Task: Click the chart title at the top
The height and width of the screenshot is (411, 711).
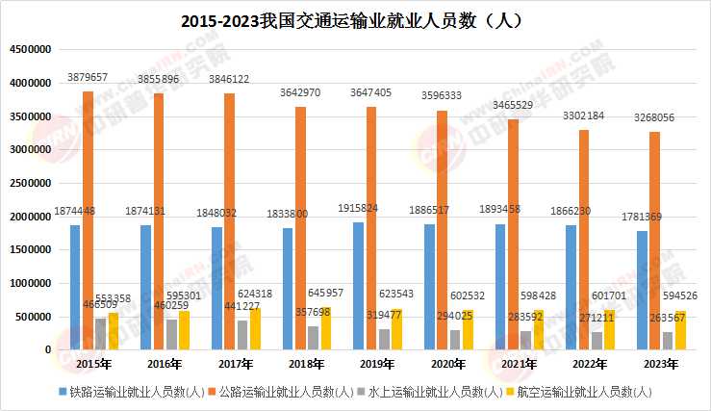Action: pos(356,18)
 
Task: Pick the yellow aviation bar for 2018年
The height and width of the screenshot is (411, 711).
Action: pos(326,328)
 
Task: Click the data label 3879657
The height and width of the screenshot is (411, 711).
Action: pos(88,76)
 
